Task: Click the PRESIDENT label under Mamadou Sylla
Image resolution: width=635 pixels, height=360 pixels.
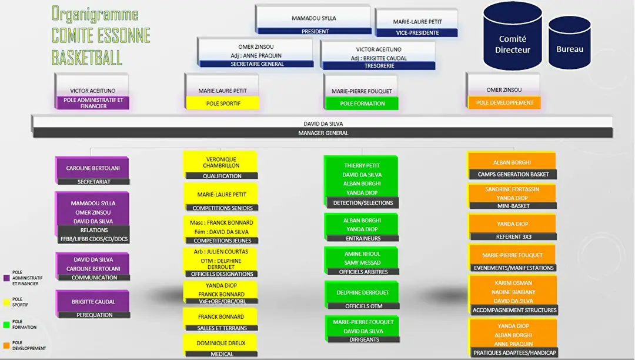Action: point(315,31)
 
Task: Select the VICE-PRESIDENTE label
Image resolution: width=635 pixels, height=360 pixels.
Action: point(417,33)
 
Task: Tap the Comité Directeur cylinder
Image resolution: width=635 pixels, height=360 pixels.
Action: point(512,36)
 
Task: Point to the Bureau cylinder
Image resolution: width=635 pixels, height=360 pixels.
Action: point(569,42)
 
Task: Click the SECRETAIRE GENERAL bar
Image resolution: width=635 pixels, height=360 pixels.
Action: point(257,64)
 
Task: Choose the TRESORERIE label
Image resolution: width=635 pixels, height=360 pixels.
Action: point(379,66)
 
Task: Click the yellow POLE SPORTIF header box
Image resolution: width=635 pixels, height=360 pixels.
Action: point(223,103)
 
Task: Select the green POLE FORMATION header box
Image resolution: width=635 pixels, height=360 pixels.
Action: point(362,104)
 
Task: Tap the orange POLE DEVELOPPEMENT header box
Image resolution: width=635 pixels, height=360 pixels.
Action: point(504,102)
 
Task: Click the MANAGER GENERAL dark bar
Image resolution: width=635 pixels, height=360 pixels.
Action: point(323,133)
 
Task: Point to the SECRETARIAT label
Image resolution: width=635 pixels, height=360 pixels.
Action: point(93,182)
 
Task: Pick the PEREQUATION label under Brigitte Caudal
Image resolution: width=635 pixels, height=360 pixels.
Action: point(94,315)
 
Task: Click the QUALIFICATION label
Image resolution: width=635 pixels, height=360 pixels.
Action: point(222,176)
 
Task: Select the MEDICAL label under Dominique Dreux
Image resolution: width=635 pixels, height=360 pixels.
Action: point(222,354)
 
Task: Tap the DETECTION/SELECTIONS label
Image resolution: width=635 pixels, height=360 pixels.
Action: point(363,203)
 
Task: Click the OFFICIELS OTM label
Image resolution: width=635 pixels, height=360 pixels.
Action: point(364,306)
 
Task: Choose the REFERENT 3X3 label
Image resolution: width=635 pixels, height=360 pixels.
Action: point(513,236)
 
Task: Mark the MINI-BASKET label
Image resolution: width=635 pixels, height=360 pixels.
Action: point(513,206)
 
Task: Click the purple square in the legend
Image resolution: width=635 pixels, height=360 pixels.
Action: point(6,278)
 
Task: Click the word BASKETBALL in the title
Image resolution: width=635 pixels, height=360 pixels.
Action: point(86,58)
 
